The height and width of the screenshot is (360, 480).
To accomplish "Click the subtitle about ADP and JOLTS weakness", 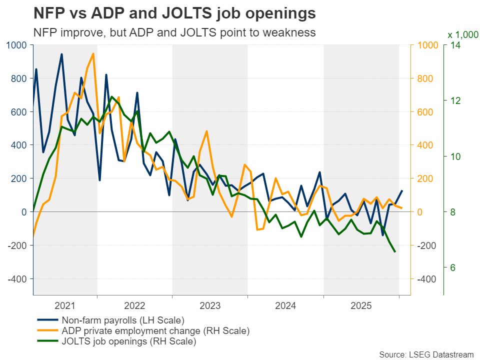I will (174, 32).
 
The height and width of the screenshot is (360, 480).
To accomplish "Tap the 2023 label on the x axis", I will (210, 304).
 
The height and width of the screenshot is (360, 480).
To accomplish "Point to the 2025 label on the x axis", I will (361, 304).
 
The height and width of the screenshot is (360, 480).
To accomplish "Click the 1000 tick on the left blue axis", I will (17, 45).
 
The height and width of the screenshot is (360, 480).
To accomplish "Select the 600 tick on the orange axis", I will (424, 112).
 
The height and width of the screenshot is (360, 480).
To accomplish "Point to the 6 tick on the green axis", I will (453, 267).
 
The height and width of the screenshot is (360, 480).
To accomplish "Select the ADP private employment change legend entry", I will (155, 331).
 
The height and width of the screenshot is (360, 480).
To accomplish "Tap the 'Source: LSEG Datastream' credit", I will (426, 354).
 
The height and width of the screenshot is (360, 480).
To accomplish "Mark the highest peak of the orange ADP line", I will (93, 53).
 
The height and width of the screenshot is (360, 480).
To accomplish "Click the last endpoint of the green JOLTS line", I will (395, 251).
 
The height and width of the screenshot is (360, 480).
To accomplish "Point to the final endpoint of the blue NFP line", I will (402, 190).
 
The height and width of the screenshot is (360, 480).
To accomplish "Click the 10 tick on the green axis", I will (455, 156).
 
